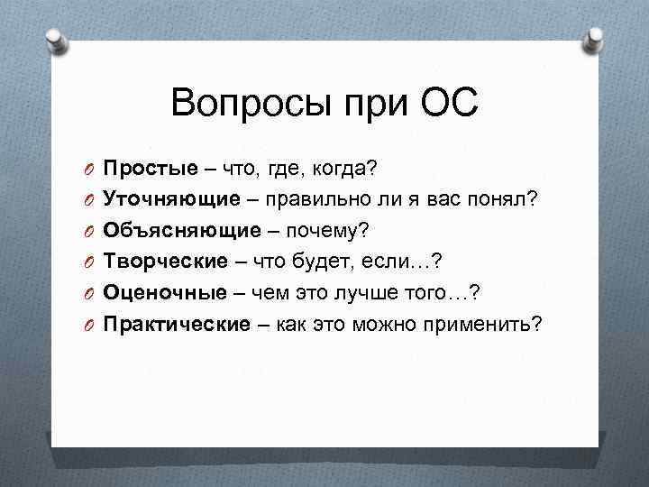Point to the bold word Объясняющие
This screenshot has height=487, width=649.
(178, 230)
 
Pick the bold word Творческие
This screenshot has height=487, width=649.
(166, 260)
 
